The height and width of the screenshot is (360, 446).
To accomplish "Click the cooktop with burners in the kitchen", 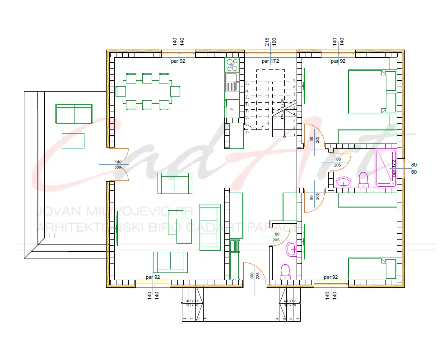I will [232, 65].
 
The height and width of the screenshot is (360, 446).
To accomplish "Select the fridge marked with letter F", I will [232, 108].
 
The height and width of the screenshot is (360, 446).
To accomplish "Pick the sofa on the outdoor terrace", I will [74, 113].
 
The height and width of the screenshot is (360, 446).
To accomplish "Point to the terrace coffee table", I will [73, 140].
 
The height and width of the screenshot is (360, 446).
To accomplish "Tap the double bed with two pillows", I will [372, 92].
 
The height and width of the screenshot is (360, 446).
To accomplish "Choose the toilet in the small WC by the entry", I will [285, 271].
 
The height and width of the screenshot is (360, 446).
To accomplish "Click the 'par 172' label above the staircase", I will [270, 60].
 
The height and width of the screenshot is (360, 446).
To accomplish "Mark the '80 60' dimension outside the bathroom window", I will [414, 168].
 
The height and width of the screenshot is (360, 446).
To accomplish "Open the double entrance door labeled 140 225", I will [118, 165].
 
